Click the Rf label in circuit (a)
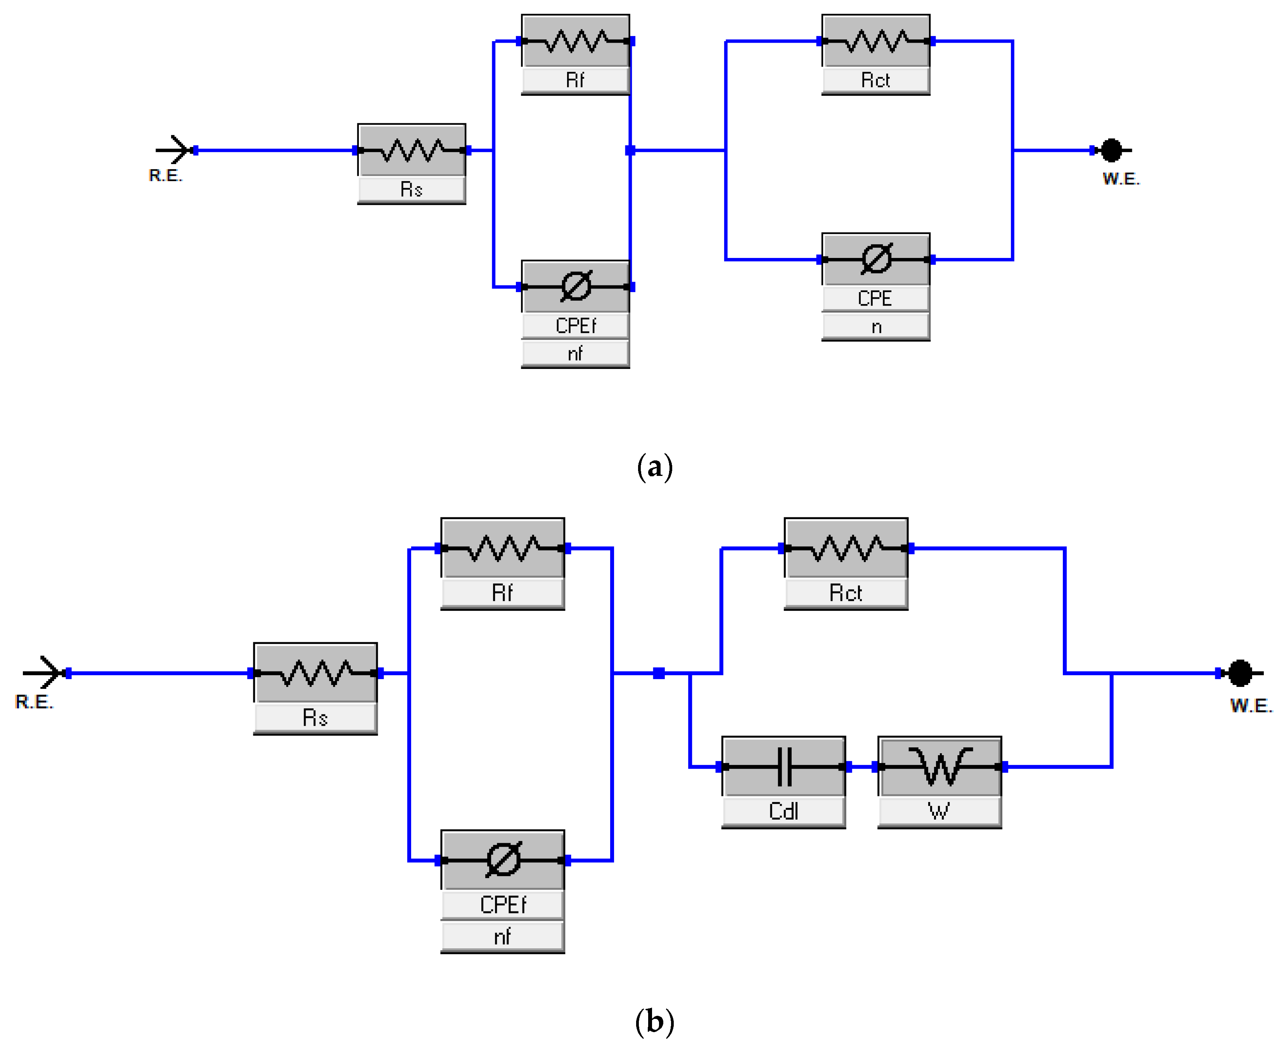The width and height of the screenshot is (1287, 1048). [x=575, y=80]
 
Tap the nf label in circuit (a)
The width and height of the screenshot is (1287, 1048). [x=575, y=353]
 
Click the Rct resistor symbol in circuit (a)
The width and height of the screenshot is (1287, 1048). [x=875, y=41]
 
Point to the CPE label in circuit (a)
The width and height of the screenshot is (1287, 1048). [x=875, y=298]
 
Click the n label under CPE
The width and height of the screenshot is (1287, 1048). [x=876, y=327]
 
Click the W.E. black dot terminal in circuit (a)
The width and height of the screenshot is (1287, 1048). [x=1111, y=150]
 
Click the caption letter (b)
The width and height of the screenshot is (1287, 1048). [x=655, y=1022]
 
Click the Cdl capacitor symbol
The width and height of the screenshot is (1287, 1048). [x=784, y=767]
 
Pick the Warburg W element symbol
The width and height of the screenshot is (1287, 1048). [x=940, y=767]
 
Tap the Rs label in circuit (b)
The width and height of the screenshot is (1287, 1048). [x=315, y=718]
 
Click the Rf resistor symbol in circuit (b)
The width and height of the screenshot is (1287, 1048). [x=503, y=548]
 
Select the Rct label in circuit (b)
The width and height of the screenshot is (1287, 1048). [x=846, y=593]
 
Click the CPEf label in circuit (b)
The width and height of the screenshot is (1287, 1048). [x=503, y=905]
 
